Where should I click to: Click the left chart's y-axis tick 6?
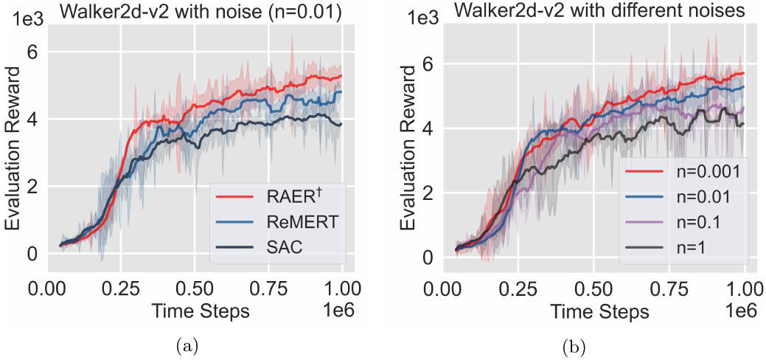32,52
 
